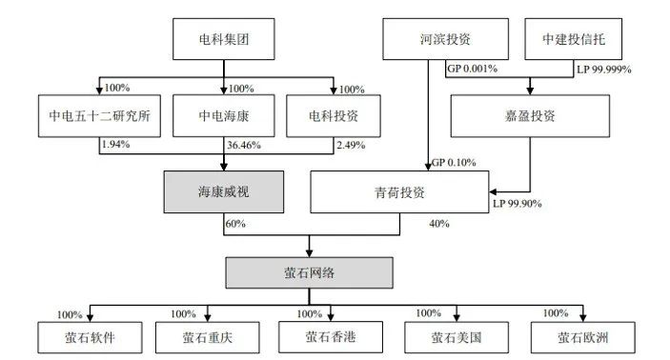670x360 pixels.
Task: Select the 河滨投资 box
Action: [444, 41]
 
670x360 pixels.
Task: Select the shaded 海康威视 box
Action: [223, 191]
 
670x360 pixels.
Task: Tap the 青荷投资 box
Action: [399, 192]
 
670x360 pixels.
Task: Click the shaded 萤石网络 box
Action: [309, 273]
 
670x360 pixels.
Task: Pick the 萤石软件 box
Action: [91, 336]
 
